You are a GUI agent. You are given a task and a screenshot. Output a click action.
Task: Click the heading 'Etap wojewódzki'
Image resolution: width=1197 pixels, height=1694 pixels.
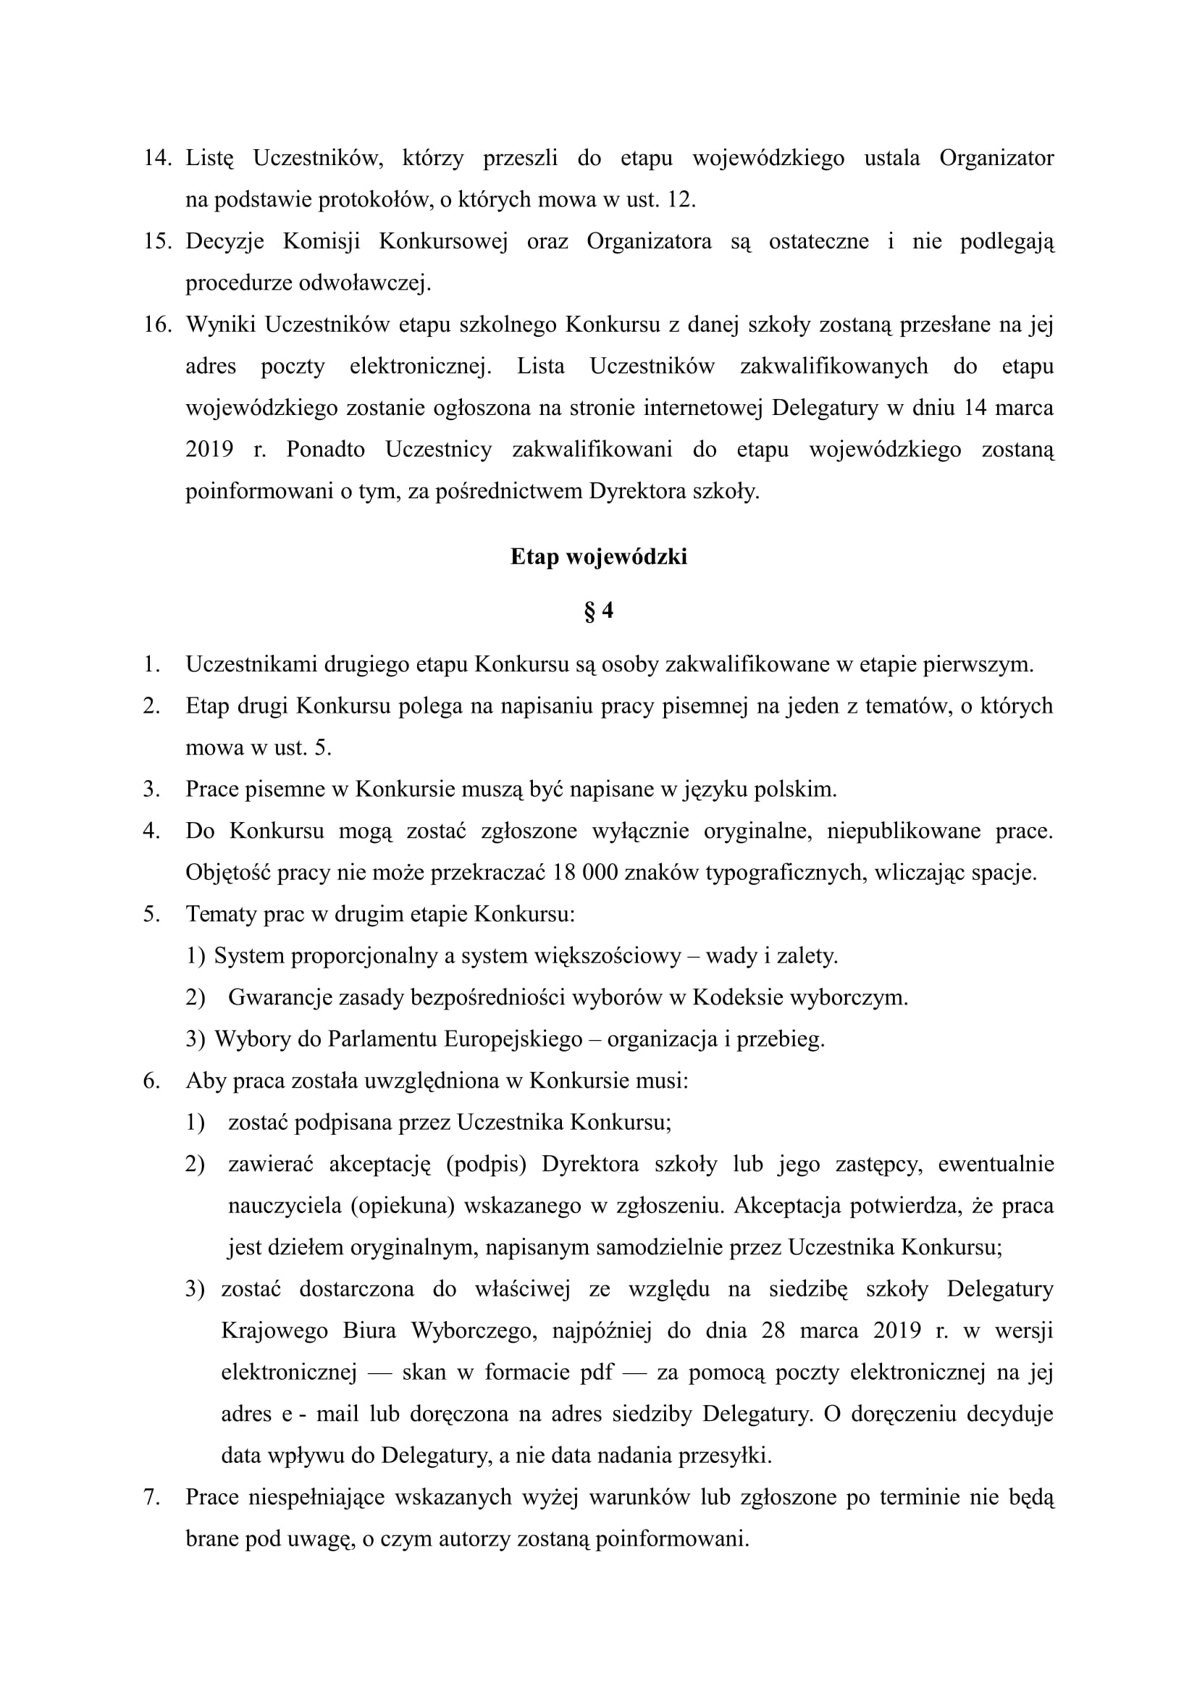[598, 556]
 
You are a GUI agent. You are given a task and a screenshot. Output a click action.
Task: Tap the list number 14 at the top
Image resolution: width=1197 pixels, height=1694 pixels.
[157, 158]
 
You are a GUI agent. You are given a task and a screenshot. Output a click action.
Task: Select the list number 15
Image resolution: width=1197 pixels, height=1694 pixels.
[157, 241]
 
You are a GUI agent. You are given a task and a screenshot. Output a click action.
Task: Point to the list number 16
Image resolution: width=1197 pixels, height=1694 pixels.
[157, 324]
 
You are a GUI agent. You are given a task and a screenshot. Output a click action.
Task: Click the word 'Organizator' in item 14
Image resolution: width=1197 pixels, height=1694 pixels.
[996, 158]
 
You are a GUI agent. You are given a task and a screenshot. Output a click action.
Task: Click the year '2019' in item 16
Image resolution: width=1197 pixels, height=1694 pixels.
[209, 449]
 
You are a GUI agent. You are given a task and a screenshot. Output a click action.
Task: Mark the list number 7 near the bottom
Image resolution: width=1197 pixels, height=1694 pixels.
[151, 1497]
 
